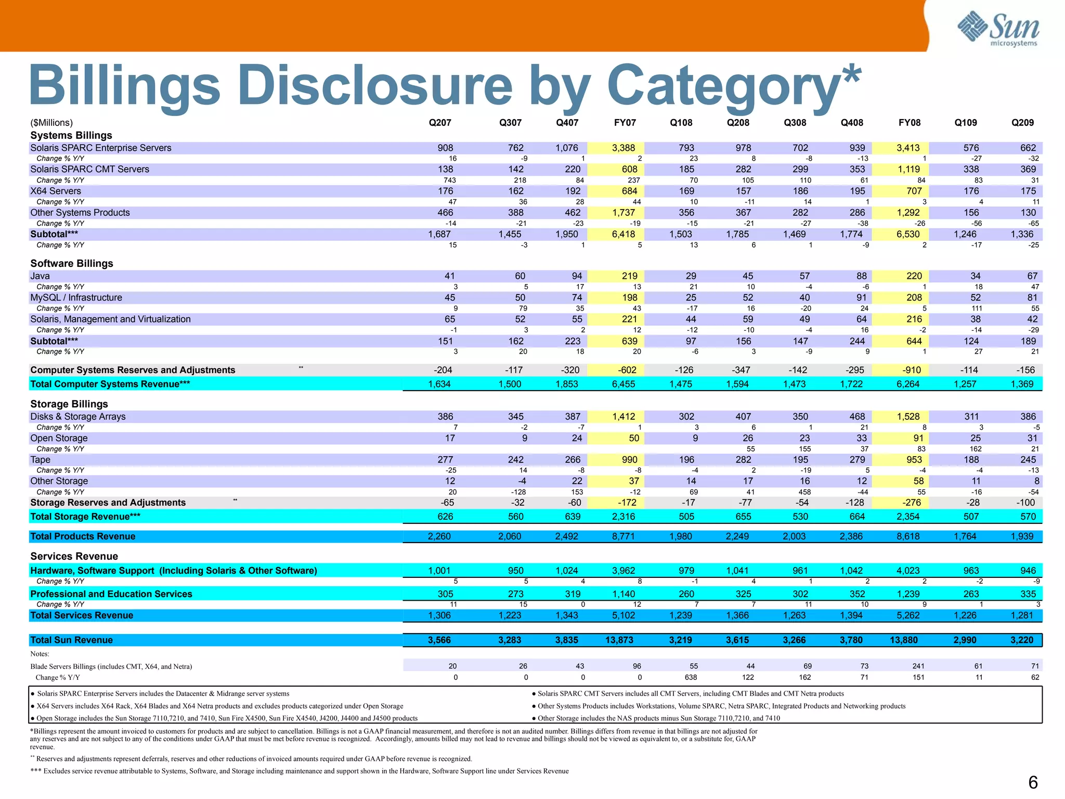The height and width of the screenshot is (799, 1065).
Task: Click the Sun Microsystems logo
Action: (x=998, y=29)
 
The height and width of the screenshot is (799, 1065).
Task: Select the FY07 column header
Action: (x=625, y=123)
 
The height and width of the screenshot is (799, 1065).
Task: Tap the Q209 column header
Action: (x=1022, y=123)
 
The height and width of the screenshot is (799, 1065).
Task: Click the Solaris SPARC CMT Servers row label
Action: (x=89, y=170)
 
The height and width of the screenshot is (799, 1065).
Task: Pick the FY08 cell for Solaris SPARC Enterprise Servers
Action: (x=908, y=148)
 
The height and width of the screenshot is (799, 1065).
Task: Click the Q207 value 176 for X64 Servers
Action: (x=446, y=191)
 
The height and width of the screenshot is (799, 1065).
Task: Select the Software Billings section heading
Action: (x=72, y=263)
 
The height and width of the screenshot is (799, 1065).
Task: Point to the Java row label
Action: (x=40, y=276)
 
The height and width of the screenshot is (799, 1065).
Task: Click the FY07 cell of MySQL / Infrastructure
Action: (x=629, y=298)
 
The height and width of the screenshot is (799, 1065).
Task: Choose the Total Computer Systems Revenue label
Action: (x=110, y=384)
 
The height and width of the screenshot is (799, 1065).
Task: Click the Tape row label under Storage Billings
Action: (x=41, y=460)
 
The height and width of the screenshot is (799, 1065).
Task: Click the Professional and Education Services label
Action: (x=111, y=594)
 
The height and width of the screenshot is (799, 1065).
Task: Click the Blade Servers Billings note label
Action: (x=111, y=666)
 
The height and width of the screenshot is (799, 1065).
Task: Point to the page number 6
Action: (x=1033, y=782)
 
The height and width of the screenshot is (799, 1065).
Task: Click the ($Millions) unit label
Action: (x=51, y=123)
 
